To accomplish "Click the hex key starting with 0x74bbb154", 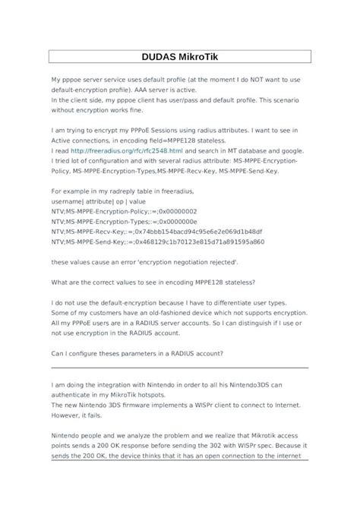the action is click(x=198, y=231).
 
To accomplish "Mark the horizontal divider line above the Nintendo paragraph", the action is click(x=179, y=368).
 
